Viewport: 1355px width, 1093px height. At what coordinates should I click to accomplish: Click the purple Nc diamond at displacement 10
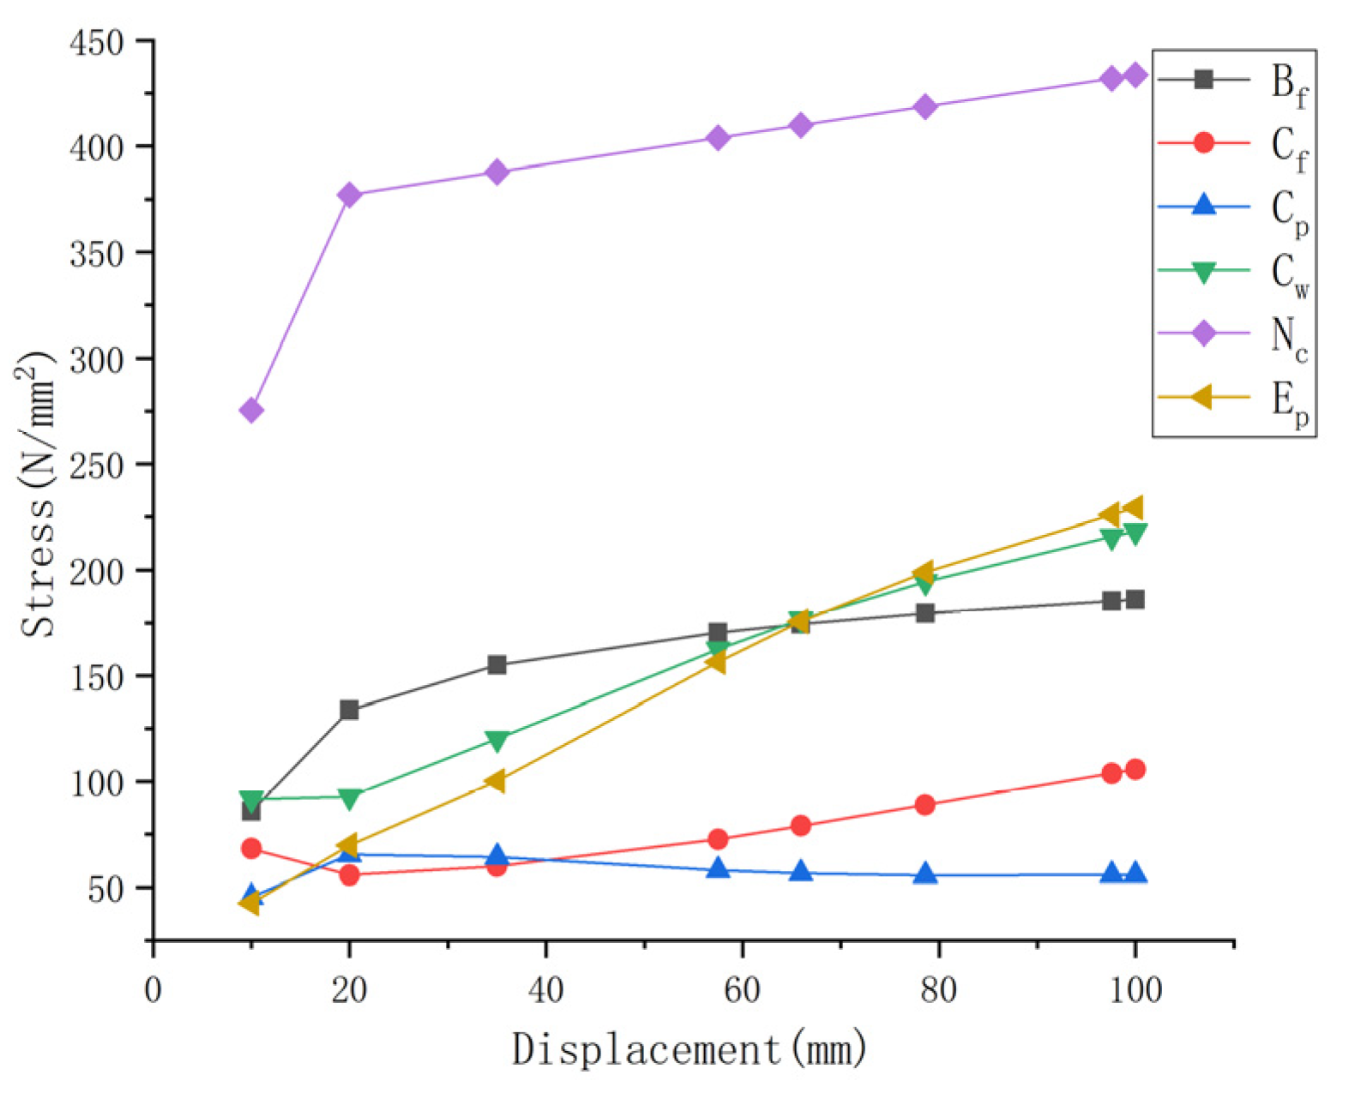coord(251,411)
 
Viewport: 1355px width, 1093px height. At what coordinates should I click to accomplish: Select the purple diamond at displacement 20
coord(349,195)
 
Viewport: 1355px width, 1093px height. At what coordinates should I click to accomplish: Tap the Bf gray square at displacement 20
coord(349,710)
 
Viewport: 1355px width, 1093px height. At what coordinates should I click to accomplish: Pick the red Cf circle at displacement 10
coord(251,849)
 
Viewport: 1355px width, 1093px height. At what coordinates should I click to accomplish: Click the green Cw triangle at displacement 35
coord(497,740)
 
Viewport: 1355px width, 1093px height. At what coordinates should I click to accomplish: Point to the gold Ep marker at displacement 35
coord(495,781)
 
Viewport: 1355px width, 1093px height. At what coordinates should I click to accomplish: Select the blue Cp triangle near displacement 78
coord(924,874)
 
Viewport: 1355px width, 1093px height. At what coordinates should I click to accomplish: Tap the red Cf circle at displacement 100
coord(1135,769)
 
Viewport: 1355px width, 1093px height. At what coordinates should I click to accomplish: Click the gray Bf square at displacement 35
coord(497,664)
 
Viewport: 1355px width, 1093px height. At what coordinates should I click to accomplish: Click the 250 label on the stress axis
coord(96,465)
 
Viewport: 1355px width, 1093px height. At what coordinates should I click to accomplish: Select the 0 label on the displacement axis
coord(153,990)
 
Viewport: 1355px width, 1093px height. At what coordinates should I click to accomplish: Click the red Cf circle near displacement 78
coord(924,805)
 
